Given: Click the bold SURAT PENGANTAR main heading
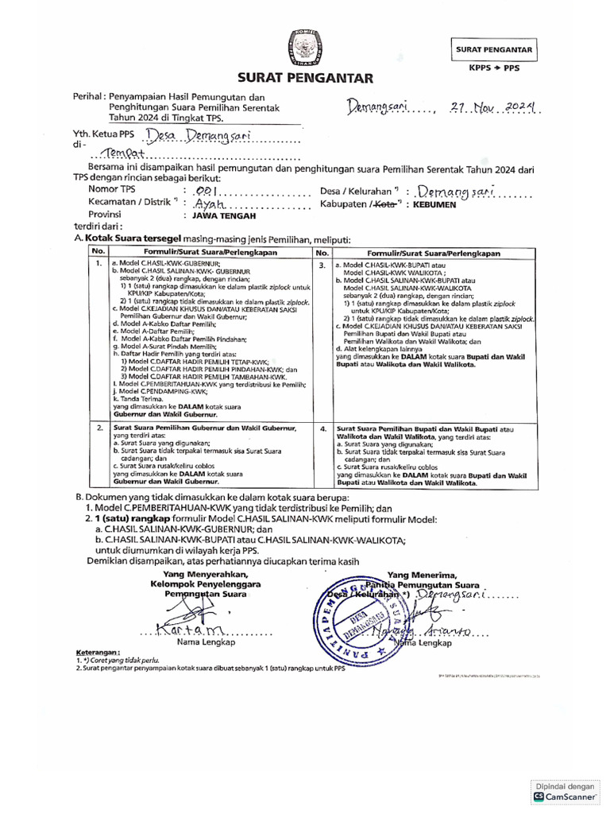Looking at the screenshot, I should (304, 78).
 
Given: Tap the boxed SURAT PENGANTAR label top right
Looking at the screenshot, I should (493, 49).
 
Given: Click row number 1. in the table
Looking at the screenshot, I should (98, 262).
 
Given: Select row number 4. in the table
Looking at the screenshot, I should (322, 428).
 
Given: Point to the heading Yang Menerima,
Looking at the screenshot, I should (422, 574).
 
